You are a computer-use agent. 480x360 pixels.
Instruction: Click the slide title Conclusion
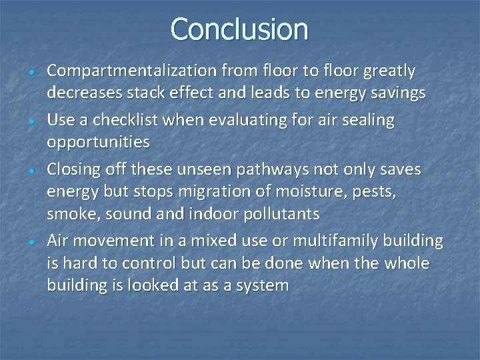pos(239,29)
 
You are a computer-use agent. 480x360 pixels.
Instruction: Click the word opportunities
pos(98,142)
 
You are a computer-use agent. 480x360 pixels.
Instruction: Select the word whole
pos(407,263)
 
